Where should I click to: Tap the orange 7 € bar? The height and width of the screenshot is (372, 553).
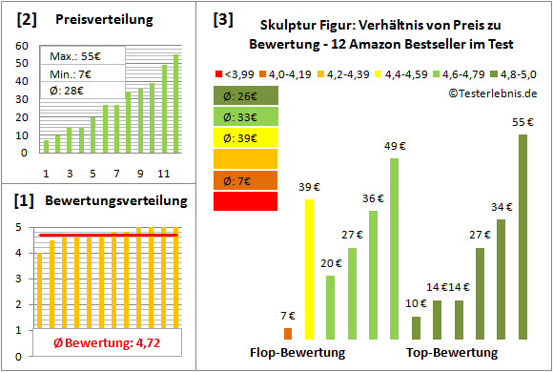tap(287, 333)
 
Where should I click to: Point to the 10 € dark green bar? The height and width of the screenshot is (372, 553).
tap(416, 327)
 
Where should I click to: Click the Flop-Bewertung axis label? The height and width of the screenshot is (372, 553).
tap(297, 353)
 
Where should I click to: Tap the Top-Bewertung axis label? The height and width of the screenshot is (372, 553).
tap(452, 353)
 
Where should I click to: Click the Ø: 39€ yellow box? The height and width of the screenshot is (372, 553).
tap(247, 137)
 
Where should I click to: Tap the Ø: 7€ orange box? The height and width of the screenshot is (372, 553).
tap(247, 180)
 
